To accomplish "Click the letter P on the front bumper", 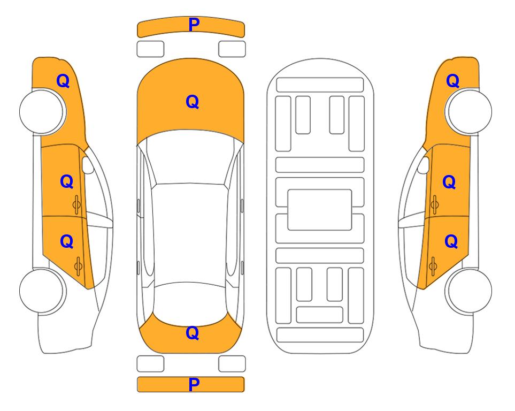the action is point(194,25).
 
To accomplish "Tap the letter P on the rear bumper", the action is point(194,384).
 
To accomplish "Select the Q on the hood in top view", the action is point(193,102).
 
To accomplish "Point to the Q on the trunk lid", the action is point(193,333).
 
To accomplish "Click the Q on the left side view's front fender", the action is point(63,81).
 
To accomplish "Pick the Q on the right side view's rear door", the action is point(451,242).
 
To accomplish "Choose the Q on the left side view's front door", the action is point(67,181).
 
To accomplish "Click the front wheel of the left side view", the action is point(43,111).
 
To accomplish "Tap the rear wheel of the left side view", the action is point(43,291).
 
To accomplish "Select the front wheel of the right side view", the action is point(468,111).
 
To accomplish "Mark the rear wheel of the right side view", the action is point(468,291).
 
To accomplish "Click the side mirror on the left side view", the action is point(88,165).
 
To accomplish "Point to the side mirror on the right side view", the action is point(423,165).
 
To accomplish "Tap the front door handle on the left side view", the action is point(77,204).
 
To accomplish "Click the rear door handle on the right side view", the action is point(433,267).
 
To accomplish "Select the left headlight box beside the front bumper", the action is point(150,49).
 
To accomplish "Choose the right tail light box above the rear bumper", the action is point(232,364).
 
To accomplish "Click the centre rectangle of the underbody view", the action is point(320,210).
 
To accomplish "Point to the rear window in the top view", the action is point(190,304).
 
